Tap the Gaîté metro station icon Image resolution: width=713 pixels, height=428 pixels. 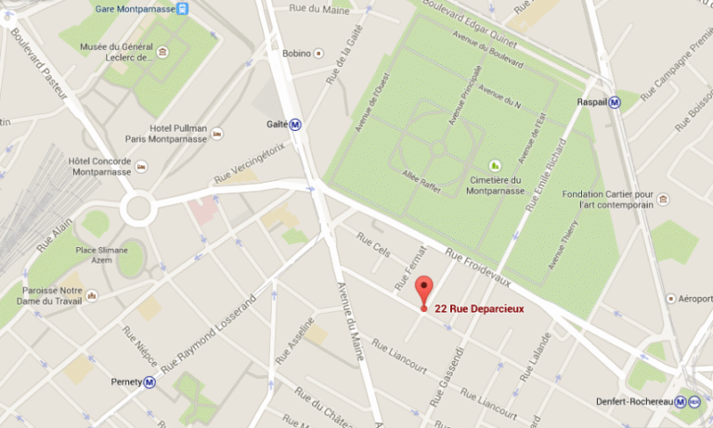296,124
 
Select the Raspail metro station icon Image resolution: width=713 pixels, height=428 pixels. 615,102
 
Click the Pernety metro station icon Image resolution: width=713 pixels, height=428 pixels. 149,382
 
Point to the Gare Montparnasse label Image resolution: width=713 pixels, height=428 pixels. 135,9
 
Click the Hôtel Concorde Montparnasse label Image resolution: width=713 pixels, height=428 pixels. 99,166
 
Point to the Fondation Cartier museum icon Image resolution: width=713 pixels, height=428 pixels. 662,197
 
